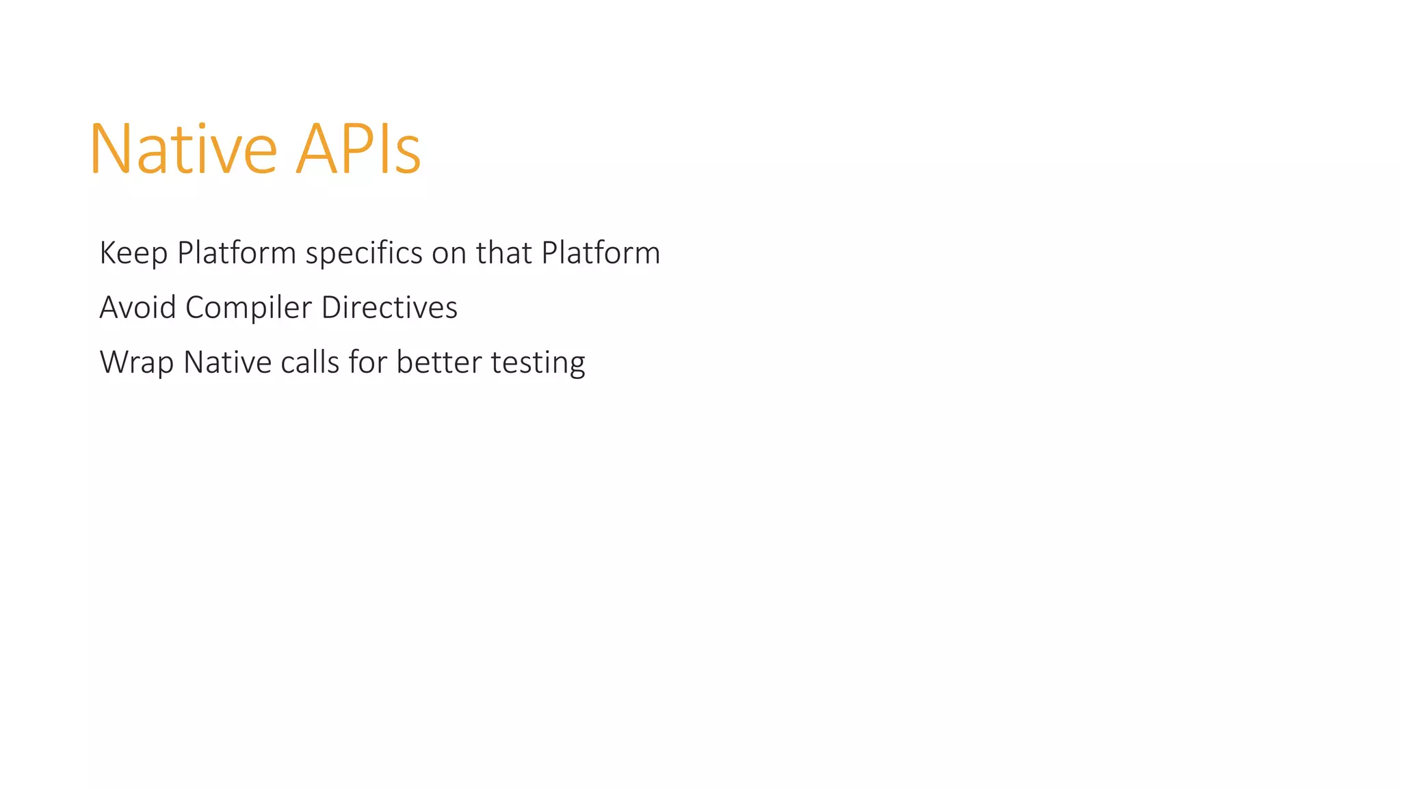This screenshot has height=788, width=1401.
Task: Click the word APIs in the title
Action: point(358,149)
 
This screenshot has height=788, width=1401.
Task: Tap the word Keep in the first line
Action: point(133,253)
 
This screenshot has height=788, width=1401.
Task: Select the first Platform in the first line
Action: point(236,252)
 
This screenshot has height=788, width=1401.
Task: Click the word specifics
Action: point(364,253)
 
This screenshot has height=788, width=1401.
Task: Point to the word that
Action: point(504,252)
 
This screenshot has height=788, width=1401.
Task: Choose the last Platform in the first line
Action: point(601,252)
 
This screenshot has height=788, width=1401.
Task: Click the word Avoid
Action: point(138,307)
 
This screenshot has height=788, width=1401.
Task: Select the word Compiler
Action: point(248,308)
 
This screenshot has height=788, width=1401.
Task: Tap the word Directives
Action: point(389,307)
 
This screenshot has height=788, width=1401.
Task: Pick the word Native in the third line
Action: point(228,362)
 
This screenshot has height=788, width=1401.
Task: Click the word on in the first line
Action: point(449,254)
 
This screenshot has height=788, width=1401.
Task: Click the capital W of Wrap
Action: point(116,362)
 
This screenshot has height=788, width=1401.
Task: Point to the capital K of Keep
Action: point(108,252)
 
